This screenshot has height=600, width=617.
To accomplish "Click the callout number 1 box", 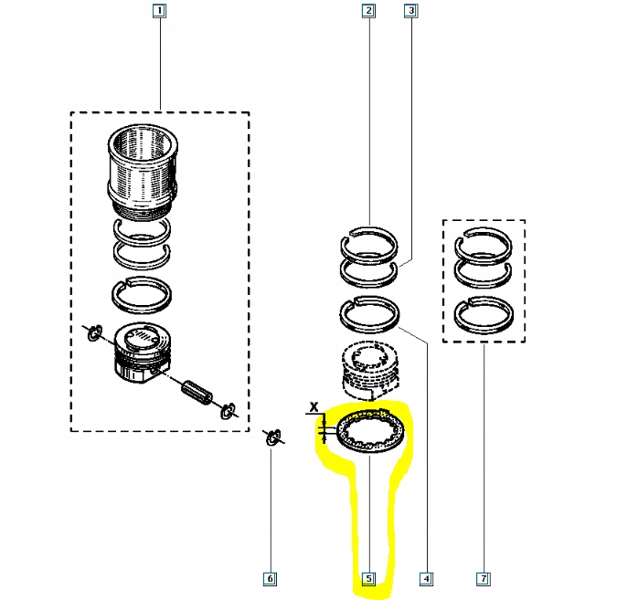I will pos(160,12).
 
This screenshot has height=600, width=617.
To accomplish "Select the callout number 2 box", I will pos(368,12).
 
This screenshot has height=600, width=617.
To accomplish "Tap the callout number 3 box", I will pos(411,12).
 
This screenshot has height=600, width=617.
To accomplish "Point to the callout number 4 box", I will pos(425,578).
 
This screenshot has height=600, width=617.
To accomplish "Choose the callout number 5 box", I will pos(368,578).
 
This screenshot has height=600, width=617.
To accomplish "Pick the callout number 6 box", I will pos(270,578).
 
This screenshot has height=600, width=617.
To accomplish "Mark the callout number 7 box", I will pos(484,578).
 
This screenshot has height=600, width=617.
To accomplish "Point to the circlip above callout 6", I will pos(271,437).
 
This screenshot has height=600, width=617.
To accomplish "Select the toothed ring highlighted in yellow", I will pos(367,432).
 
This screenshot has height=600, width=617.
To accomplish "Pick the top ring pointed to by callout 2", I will pos(369,242).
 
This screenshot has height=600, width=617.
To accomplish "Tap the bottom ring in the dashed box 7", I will pos(484,317).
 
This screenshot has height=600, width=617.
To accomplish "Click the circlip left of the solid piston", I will pos(94,335).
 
